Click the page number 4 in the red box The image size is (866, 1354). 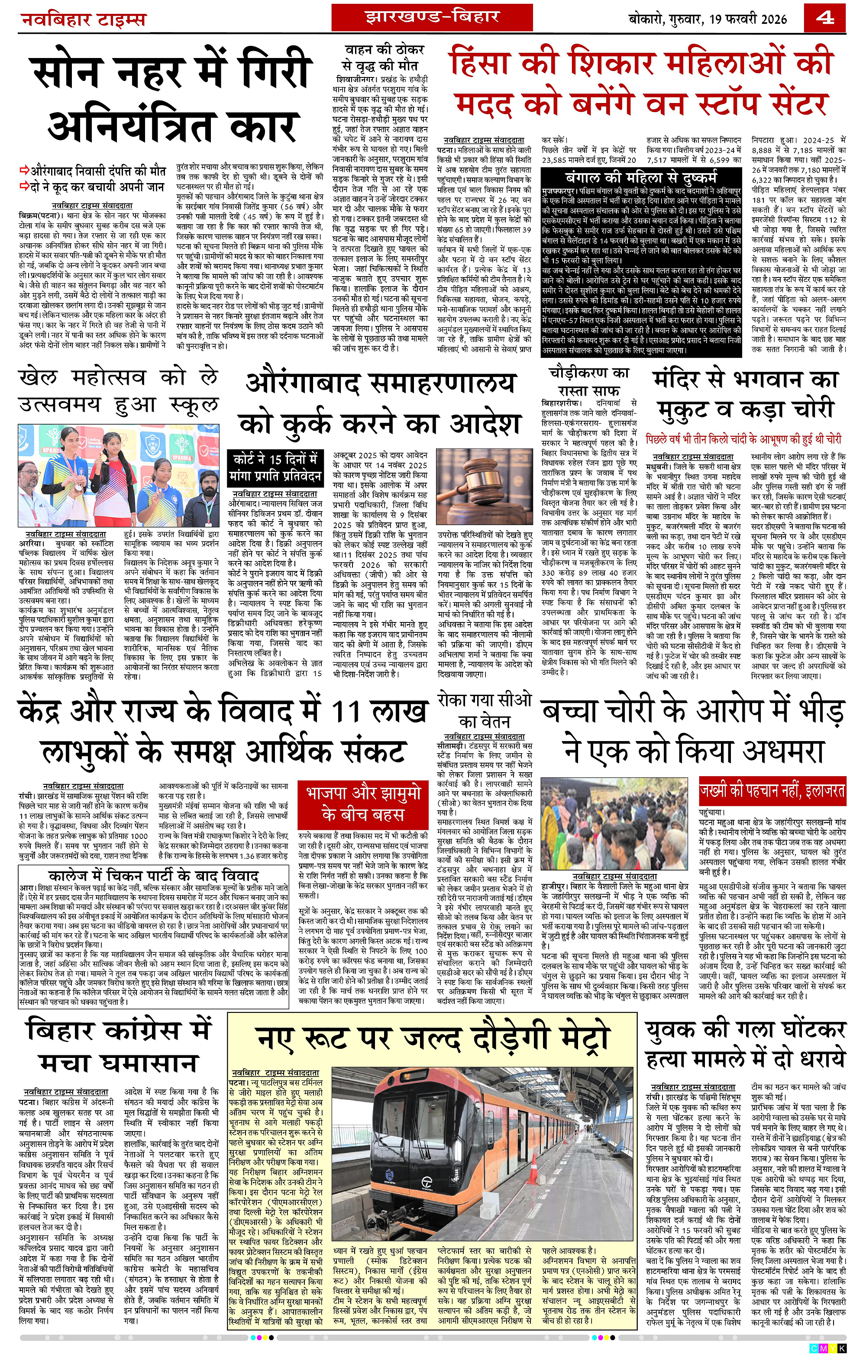click(x=825, y=18)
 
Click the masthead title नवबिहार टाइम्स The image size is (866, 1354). click(x=83, y=20)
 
